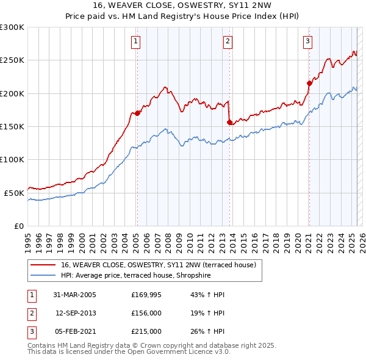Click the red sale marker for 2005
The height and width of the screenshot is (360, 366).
coord(138,113)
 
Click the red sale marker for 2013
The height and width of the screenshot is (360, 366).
coord(229,122)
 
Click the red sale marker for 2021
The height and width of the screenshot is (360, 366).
coord(309,83)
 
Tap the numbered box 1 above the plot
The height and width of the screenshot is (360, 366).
coord(135,41)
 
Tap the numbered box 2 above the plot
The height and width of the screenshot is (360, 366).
coord(228,41)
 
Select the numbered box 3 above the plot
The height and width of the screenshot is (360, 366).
coord(308,41)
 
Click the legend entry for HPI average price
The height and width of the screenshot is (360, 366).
coord(144,275)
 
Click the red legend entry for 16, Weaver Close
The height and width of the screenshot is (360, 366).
coord(162,265)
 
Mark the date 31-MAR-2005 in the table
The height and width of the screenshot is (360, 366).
coord(75,295)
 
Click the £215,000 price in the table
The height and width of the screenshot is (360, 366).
coord(146,331)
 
